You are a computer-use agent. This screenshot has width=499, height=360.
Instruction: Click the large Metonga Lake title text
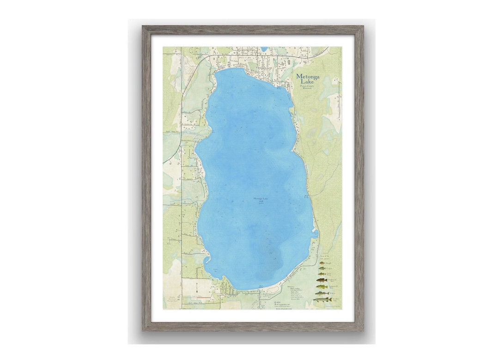(x=308, y=79)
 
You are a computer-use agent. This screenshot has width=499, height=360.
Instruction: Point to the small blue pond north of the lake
(x=264, y=49)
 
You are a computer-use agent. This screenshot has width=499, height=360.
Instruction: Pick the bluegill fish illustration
(x=322, y=263)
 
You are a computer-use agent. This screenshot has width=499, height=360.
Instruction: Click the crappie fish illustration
(x=322, y=268)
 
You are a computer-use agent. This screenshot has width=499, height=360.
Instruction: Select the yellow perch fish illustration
(x=322, y=274)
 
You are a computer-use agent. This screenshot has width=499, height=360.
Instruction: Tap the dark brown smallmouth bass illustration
(x=322, y=280)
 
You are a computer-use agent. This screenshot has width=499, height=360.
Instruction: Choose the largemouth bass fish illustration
(x=322, y=287)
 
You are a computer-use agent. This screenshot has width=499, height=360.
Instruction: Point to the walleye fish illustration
(x=322, y=293)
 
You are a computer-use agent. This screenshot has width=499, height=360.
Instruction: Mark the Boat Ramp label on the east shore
(x=306, y=197)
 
